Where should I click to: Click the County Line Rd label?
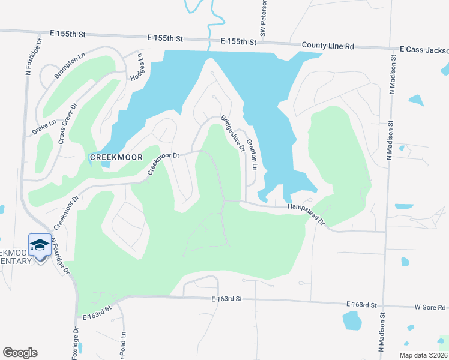pyautogui.click(x=328, y=45)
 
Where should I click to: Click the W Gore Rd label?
pyautogui.click(x=430, y=307)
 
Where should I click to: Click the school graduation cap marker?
pyautogui.click(x=39, y=245)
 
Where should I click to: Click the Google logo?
pyautogui.click(x=20, y=352)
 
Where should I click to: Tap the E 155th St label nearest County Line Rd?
pyautogui.click(x=238, y=41)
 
